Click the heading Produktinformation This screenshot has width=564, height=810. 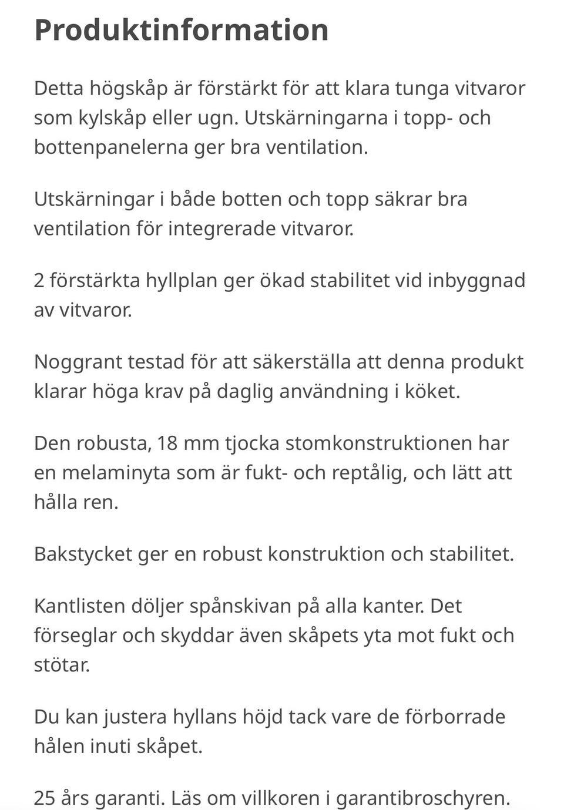[181, 29]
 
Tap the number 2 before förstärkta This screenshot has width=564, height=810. [39, 280]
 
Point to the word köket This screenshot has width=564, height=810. [432, 391]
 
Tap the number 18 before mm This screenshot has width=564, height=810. [167, 443]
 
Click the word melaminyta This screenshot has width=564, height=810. [127, 473]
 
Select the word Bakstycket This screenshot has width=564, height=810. [83, 554]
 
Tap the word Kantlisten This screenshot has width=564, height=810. [79, 606]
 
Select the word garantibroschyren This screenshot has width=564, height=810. [422, 798]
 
